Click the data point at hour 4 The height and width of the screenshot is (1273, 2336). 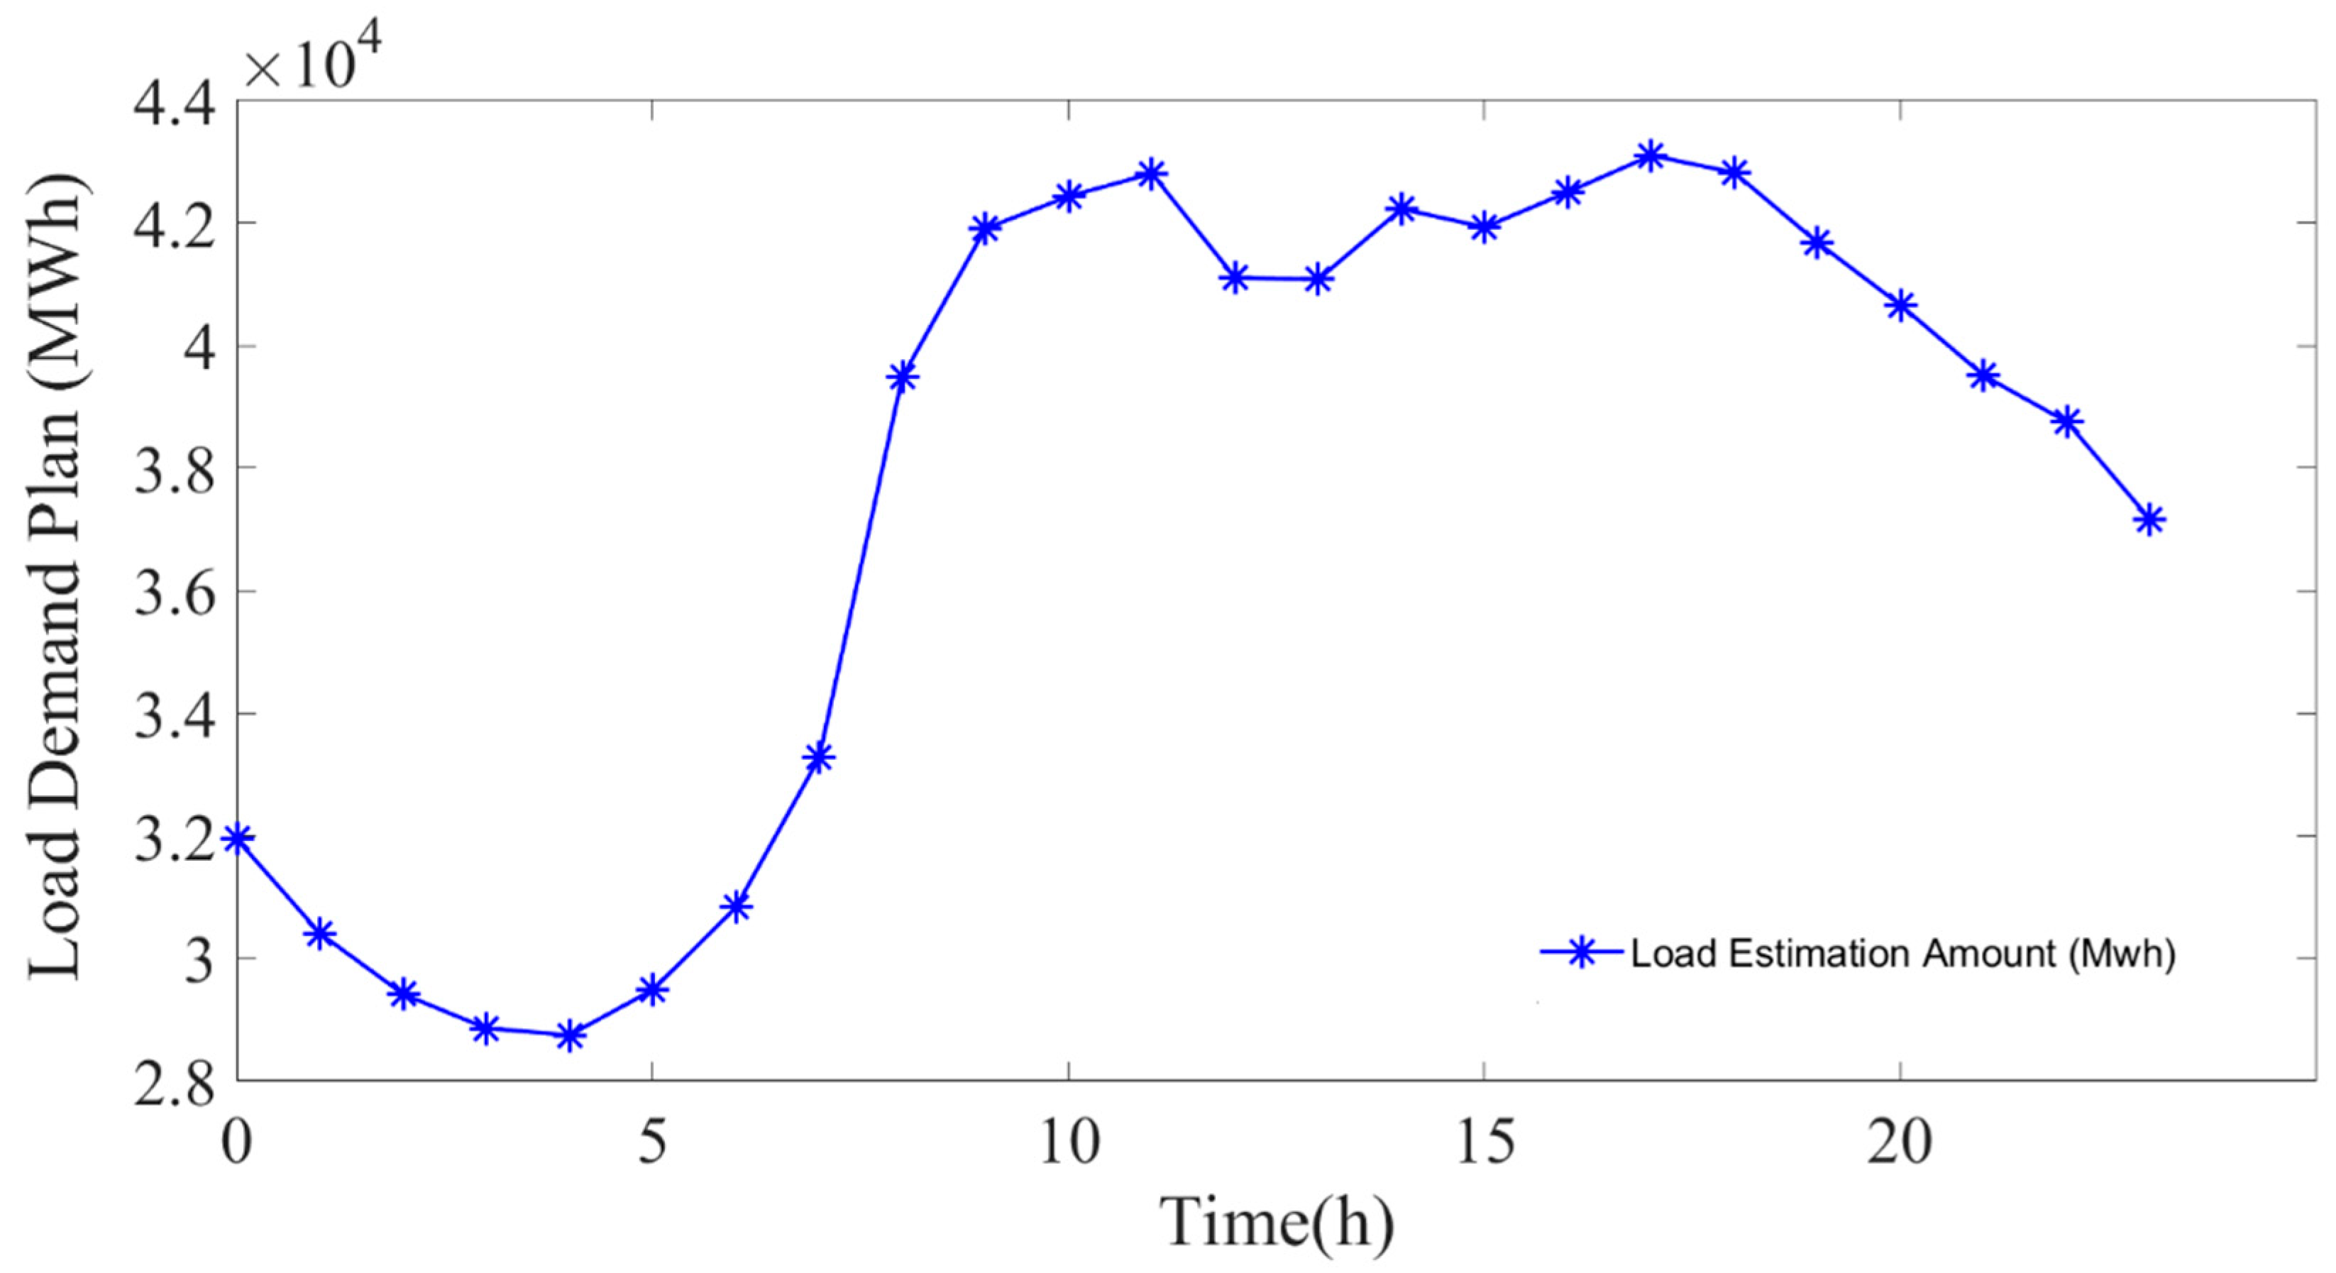570,1035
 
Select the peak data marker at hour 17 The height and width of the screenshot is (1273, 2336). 1651,156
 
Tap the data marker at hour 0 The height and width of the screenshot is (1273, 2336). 238,838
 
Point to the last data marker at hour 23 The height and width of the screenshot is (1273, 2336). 2149,519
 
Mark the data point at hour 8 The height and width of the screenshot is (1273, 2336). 903,376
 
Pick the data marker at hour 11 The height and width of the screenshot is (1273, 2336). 1152,172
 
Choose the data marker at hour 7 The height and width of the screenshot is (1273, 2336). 819,756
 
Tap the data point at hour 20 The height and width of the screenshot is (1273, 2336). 1900,306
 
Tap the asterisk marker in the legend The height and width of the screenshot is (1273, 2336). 1580,952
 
